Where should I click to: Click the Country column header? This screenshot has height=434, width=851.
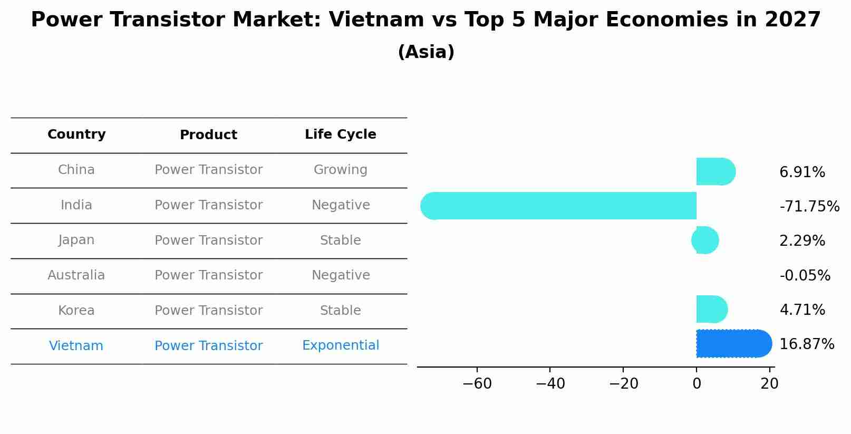coord(76,134)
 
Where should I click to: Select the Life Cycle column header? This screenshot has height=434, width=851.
coord(340,134)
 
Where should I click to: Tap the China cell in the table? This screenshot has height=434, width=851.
coord(76,170)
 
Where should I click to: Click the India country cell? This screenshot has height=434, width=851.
coord(76,205)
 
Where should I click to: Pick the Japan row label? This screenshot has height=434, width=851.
coord(76,240)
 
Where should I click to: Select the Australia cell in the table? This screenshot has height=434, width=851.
coord(76,275)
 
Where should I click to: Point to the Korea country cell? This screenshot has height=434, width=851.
coord(76,311)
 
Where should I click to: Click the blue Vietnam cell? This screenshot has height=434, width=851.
coord(76,346)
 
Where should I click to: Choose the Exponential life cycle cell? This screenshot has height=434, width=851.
coord(340,345)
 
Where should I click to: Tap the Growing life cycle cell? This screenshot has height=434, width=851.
coord(340,170)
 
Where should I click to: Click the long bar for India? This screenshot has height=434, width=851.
coord(559,206)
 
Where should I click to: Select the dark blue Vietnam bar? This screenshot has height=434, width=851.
coord(733,343)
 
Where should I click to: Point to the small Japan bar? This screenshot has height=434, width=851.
coord(705,240)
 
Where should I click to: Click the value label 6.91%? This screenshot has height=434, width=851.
coord(802,172)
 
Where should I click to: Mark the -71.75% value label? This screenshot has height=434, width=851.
coord(809,207)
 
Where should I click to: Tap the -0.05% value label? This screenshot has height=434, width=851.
coord(805,276)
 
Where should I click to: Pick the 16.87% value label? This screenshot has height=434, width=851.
coord(806,344)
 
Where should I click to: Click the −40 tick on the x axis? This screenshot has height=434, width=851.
coord(550,384)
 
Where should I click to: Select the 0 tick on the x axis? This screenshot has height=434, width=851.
coord(697,384)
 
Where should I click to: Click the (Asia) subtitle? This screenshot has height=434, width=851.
coord(425,52)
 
